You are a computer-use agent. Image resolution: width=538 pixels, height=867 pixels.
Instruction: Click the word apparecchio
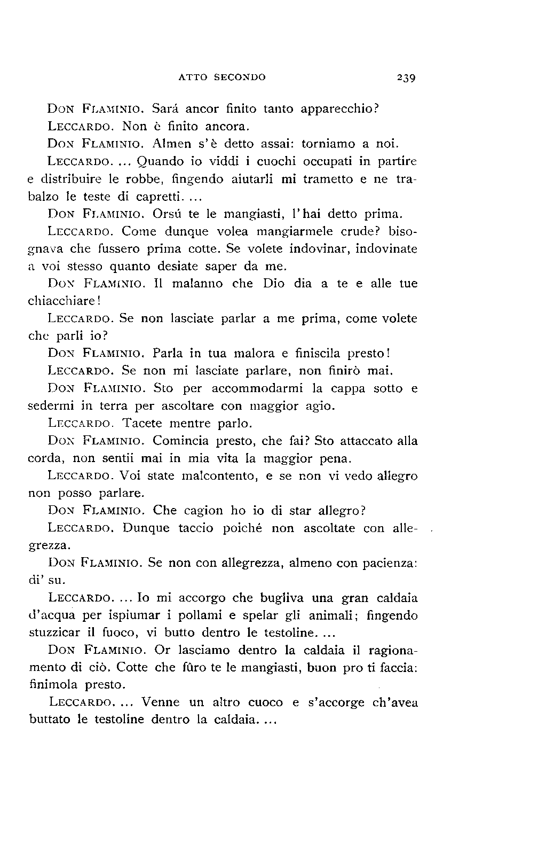pyautogui.click(x=339, y=110)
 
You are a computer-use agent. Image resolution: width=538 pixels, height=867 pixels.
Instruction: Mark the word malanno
pyautogui.click(x=198, y=284)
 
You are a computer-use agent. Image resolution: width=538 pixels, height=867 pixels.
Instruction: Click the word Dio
pyautogui.click(x=274, y=284)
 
